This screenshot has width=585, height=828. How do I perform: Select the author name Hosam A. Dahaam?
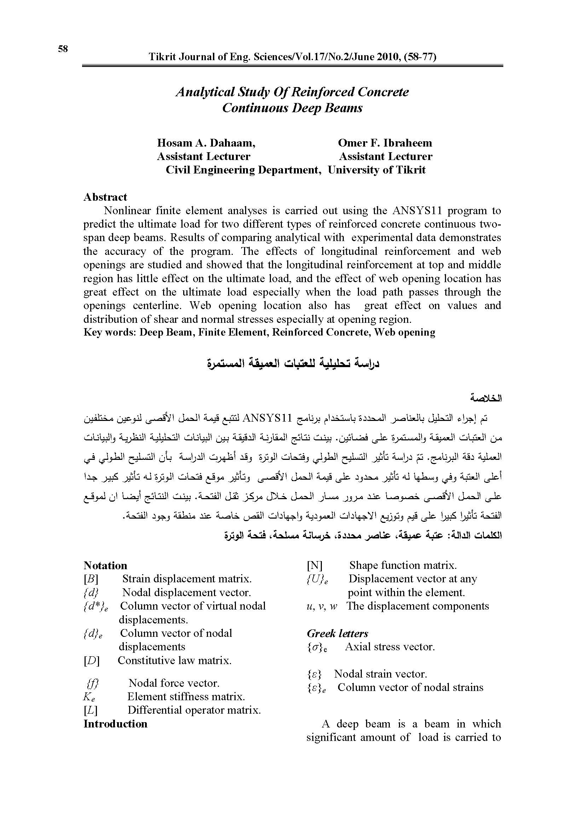pyautogui.click(x=206, y=143)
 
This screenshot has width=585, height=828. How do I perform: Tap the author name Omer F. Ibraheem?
pyautogui.click(x=385, y=143)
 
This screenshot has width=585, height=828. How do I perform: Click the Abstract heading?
pyautogui.click(x=105, y=197)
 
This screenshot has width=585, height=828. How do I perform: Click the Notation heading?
pyautogui.click(x=105, y=565)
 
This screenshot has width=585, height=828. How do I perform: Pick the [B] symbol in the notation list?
pyautogui.click(x=91, y=579)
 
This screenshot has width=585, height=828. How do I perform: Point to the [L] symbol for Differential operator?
pyautogui.click(x=91, y=710)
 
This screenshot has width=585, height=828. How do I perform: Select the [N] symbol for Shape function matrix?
pyautogui.click(x=314, y=565)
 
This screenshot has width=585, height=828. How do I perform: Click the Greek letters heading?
pyautogui.click(x=337, y=633)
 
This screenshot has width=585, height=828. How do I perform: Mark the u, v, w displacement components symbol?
pyautogui.click(x=322, y=606)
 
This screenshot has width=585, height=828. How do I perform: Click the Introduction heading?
pyautogui.click(x=115, y=724)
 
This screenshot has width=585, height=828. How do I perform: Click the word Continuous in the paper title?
pyautogui.click(x=255, y=108)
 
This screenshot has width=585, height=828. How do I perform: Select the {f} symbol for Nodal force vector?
pyautogui.click(x=93, y=683)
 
